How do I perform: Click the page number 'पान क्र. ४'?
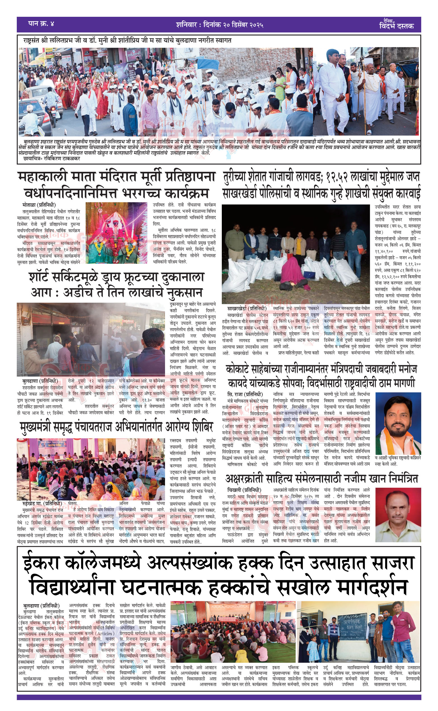click(x=41, y=24)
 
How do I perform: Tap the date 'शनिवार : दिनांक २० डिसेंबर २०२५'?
click(x=219, y=25)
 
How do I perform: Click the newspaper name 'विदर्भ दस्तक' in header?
click(x=396, y=26)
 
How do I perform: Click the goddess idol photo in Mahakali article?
click(x=116, y=233)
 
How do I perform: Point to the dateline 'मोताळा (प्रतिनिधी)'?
click(x=39, y=205)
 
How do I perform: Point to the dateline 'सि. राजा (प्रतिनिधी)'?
click(x=245, y=394)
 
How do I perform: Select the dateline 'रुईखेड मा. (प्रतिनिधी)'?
click(x=42, y=503)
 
